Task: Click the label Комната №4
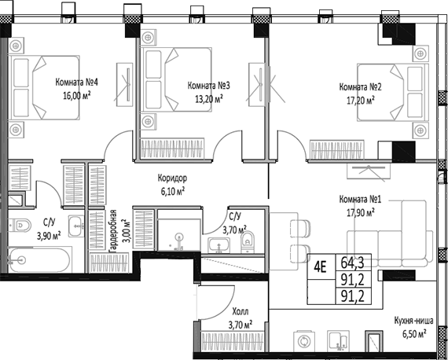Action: (x=75, y=81)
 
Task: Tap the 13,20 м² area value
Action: (x=206, y=98)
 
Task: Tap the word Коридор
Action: (x=171, y=178)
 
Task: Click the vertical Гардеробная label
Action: (x=113, y=233)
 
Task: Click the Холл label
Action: (x=241, y=311)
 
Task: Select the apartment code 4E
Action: (x=321, y=265)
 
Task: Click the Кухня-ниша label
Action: (x=410, y=321)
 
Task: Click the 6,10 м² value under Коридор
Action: (x=171, y=190)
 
